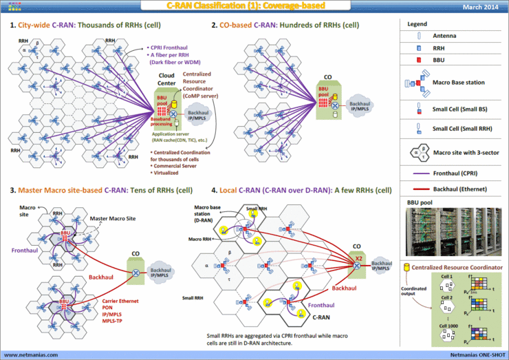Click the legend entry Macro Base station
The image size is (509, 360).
coord(459,83)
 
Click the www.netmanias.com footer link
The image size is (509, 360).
coord(31,355)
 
